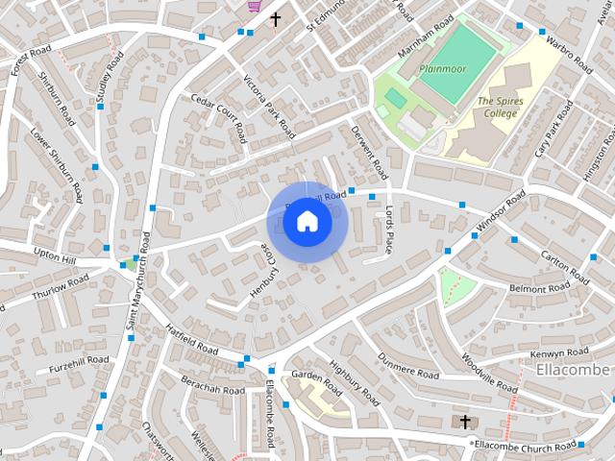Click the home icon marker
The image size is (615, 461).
pos(307,221)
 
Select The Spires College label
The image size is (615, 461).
pos(498,107)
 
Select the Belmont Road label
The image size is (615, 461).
pos(540,288)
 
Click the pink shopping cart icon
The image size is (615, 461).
pos(255,5)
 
